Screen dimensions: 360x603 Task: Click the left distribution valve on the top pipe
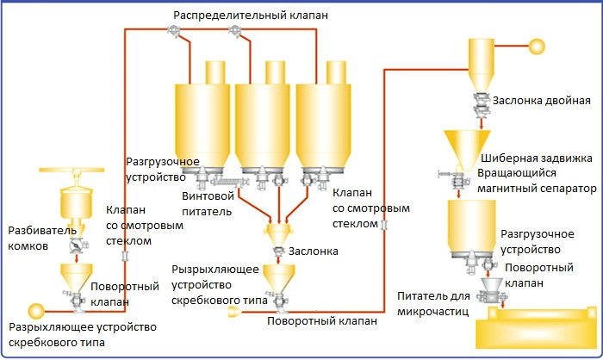[175, 32]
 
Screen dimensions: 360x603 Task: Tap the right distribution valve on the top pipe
[233, 32]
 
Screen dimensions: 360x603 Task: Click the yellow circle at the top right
[537, 46]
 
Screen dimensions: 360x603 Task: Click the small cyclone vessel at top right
[479, 60]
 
